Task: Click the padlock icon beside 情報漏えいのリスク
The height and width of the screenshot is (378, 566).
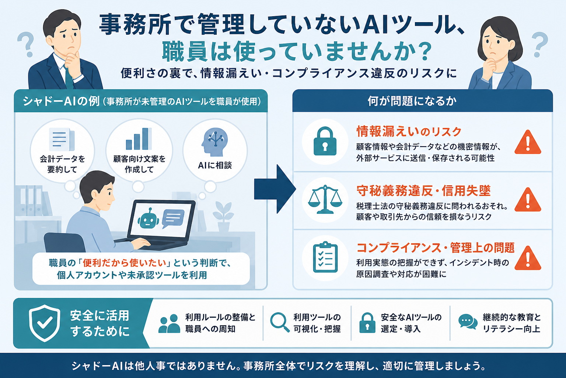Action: click(x=325, y=141)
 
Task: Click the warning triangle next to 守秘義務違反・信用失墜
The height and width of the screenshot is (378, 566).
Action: click(x=528, y=200)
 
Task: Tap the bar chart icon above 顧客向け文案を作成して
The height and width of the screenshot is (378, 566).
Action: click(x=139, y=139)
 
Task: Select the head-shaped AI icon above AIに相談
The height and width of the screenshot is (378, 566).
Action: click(x=214, y=142)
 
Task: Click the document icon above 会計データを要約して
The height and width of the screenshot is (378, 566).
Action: click(x=62, y=140)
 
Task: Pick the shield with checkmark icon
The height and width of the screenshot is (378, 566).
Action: click(x=45, y=323)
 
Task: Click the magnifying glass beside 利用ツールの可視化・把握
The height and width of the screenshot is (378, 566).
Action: click(x=280, y=322)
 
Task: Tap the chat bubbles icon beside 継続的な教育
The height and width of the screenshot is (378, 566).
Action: click(x=468, y=322)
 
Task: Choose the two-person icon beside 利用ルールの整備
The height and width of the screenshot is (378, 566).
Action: click(x=169, y=324)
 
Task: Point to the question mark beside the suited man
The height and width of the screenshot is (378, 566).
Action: click(x=26, y=45)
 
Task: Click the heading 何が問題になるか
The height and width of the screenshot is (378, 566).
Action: click(x=412, y=101)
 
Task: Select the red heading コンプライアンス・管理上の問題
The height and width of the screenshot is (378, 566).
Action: click(x=435, y=248)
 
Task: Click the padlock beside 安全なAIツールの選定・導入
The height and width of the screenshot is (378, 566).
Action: click(x=367, y=323)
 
